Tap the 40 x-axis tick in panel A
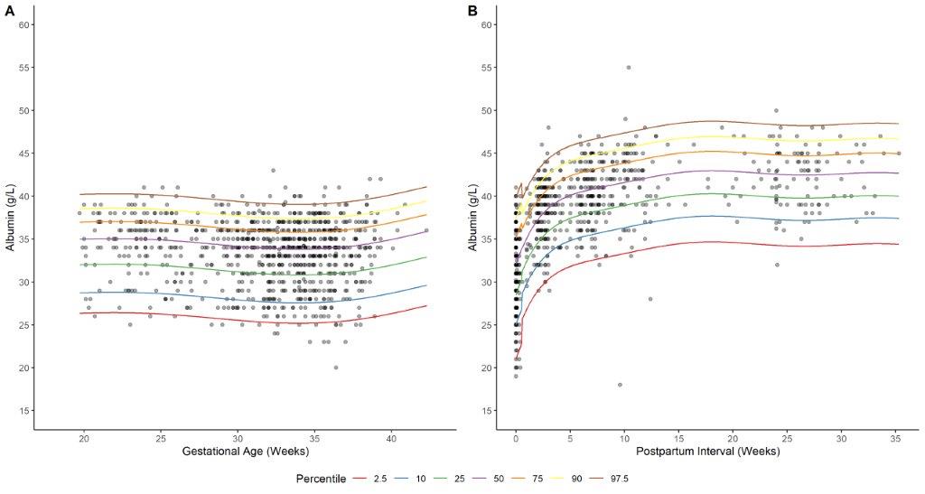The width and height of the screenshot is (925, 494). tap(391, 438)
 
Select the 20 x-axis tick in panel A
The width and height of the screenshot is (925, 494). tap(84, 438)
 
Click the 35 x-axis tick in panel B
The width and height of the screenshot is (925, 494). tap(895, 438)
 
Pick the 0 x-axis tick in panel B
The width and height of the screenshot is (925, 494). tap(515, 438)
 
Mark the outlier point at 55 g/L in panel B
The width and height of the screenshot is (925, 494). tap(628, 68)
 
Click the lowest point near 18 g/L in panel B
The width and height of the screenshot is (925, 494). tap(620, 385)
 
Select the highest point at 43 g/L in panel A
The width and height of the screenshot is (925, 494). tap(273, 171)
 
